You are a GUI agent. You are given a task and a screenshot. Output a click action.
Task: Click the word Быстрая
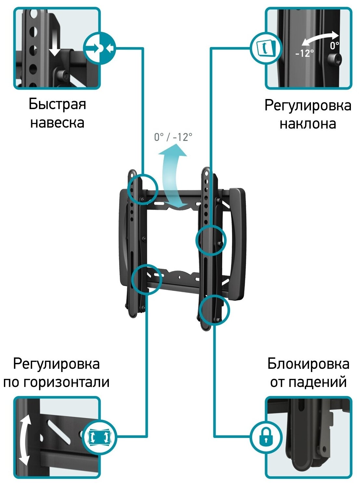tap(57, 104)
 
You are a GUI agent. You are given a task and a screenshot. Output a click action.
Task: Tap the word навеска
tap(57, 123)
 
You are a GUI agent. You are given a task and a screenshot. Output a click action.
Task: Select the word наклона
tap(308, 124)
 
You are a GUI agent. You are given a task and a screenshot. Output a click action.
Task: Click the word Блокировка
tap(308, 364)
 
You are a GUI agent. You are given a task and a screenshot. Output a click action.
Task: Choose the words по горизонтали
tap(56, 382)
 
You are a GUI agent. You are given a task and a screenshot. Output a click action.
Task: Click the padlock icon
tap(266, 437)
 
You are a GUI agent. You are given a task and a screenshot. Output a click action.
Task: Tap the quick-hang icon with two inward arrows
tap(100, 48)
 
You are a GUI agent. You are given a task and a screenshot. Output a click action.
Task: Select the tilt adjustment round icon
tap(266, 48)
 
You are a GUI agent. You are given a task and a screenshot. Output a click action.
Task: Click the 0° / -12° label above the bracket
tap(173, 137)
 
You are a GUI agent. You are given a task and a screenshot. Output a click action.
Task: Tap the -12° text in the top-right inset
tap(304, 53)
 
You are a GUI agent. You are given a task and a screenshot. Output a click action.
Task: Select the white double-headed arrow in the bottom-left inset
tap(25, 440)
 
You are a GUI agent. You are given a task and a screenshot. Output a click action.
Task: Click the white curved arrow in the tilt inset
tap(320, 38)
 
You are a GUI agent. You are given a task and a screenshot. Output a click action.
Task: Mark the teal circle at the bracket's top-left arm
tap(142, 189)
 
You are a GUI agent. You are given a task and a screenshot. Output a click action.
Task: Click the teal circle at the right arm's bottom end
tap(214, 310)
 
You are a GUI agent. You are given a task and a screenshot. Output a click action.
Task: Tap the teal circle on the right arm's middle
tap(211, 241)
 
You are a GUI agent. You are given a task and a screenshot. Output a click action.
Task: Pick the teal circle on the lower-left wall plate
tap(147, 280)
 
